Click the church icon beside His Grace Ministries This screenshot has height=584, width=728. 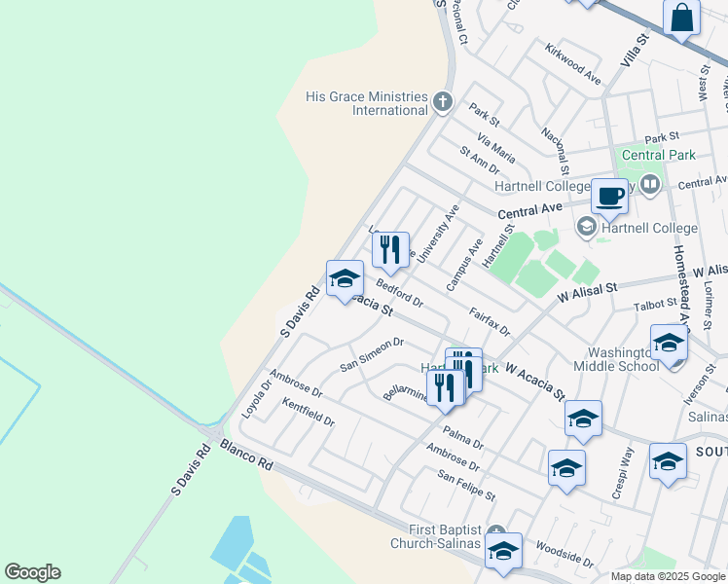(x=443, y=100)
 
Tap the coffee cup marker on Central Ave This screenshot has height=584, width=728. (x=610, y=195)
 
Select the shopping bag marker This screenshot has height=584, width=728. (x=682, y=18)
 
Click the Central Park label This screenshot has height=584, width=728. (x=658, y=155)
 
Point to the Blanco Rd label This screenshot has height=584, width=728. (x=246, y=454)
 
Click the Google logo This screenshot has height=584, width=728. (x=32, y=572)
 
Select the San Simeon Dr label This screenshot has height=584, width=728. (x=371, y=353)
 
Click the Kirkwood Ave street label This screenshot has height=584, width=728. (x=573, y=63)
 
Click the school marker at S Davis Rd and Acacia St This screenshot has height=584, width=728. (x=345, y=279)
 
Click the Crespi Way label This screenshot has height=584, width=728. (x=624, y=474)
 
